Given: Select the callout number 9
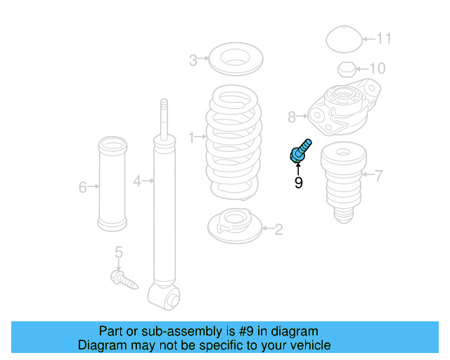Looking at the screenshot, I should pos(298,183).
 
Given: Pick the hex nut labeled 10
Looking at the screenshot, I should pos(345,69).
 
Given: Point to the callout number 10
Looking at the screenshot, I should pos(378,68).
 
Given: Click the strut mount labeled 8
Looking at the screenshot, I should pos(345,109).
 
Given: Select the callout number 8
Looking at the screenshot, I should pos(292,116).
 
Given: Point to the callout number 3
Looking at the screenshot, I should pos(193,60).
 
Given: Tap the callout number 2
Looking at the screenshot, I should pos(278,229).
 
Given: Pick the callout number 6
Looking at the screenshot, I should pos(83,186).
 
